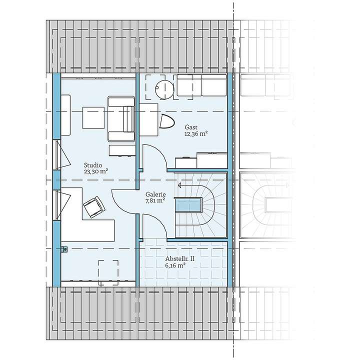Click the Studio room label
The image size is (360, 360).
point(93,164)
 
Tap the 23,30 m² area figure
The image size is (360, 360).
point(96,171)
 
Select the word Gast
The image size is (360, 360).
point(190,127)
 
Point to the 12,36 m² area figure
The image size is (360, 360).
point(196,133)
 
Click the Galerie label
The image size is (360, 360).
point(156,194)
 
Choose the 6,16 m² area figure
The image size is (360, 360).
point(175,266)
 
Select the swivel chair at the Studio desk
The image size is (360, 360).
point(94,206)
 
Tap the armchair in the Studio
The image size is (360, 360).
point(121,119)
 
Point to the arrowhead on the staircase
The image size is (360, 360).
point(178,185)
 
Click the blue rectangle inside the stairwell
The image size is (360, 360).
point(188,205)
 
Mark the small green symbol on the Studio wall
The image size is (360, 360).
point(63,249)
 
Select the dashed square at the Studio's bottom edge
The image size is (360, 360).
point(108,272)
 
